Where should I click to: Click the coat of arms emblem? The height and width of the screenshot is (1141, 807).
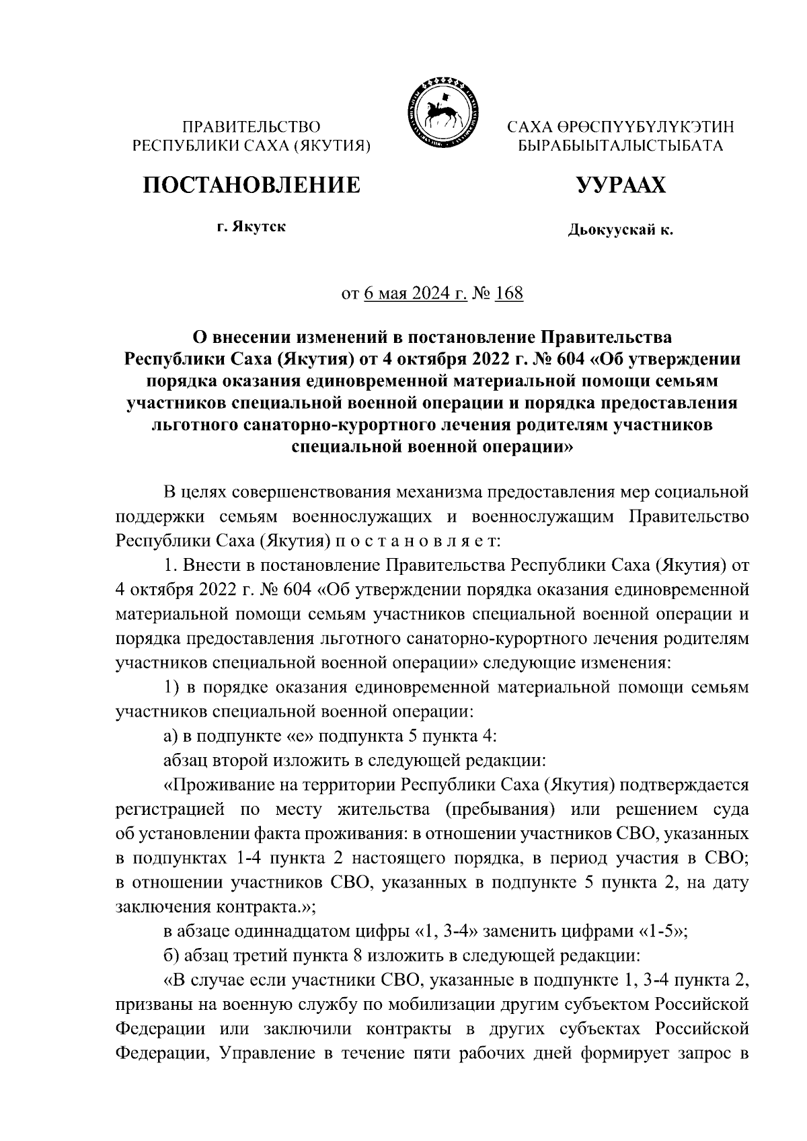(x=443, y=112)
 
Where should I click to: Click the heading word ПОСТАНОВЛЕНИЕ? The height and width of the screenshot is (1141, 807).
(x=250, y=184)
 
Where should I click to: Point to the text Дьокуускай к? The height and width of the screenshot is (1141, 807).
(x=620, y=231)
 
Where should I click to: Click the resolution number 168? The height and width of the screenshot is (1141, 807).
(x=508, y=294)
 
